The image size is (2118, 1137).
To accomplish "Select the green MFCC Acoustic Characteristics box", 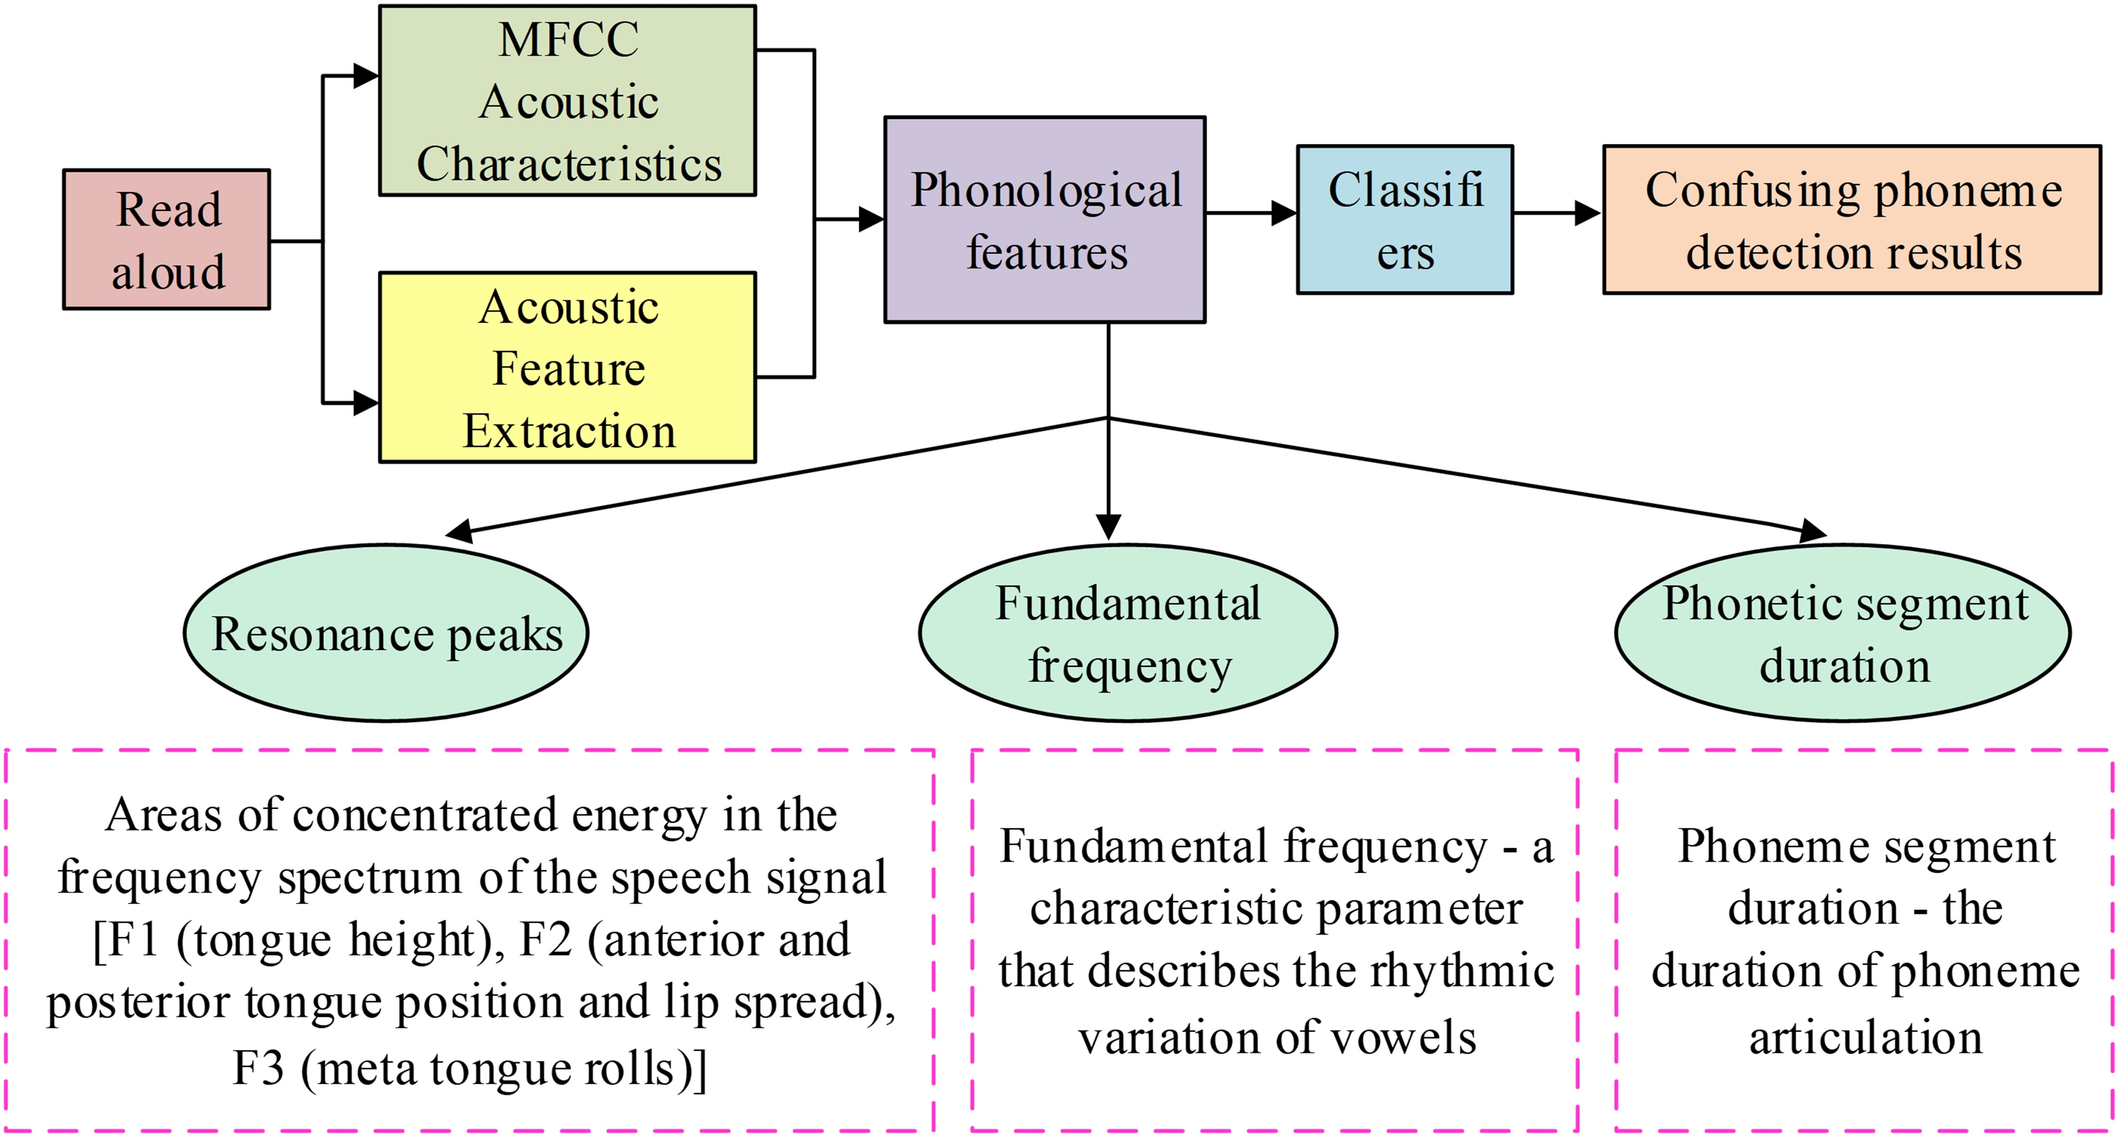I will click(568, 100).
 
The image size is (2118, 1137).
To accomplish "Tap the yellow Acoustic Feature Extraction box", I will click(568, 367).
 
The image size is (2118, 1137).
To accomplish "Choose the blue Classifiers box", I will click(1404, 220).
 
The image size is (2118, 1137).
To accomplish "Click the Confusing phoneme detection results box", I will click(1852, 220).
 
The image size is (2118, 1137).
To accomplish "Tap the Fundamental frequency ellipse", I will click(1127, 633).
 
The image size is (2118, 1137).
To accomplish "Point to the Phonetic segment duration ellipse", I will click(1843, 633).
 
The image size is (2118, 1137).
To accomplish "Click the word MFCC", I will click(568, 39).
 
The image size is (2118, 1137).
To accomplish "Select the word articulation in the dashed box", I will click(1866, 1037).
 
